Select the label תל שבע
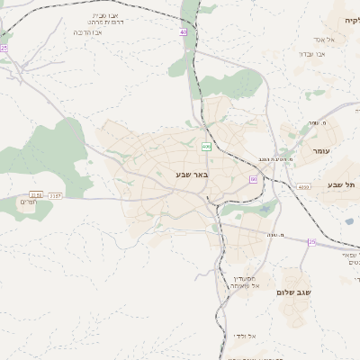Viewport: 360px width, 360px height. [341, 184]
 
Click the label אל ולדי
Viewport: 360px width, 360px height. [244, 336]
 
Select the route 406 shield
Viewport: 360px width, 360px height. [206, 146]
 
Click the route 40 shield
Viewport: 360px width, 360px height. [184, 31]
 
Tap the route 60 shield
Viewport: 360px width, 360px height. [254, 179]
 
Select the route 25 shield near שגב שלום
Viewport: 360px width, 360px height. [312, 242]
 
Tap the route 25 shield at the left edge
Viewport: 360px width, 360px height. [4, 48]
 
